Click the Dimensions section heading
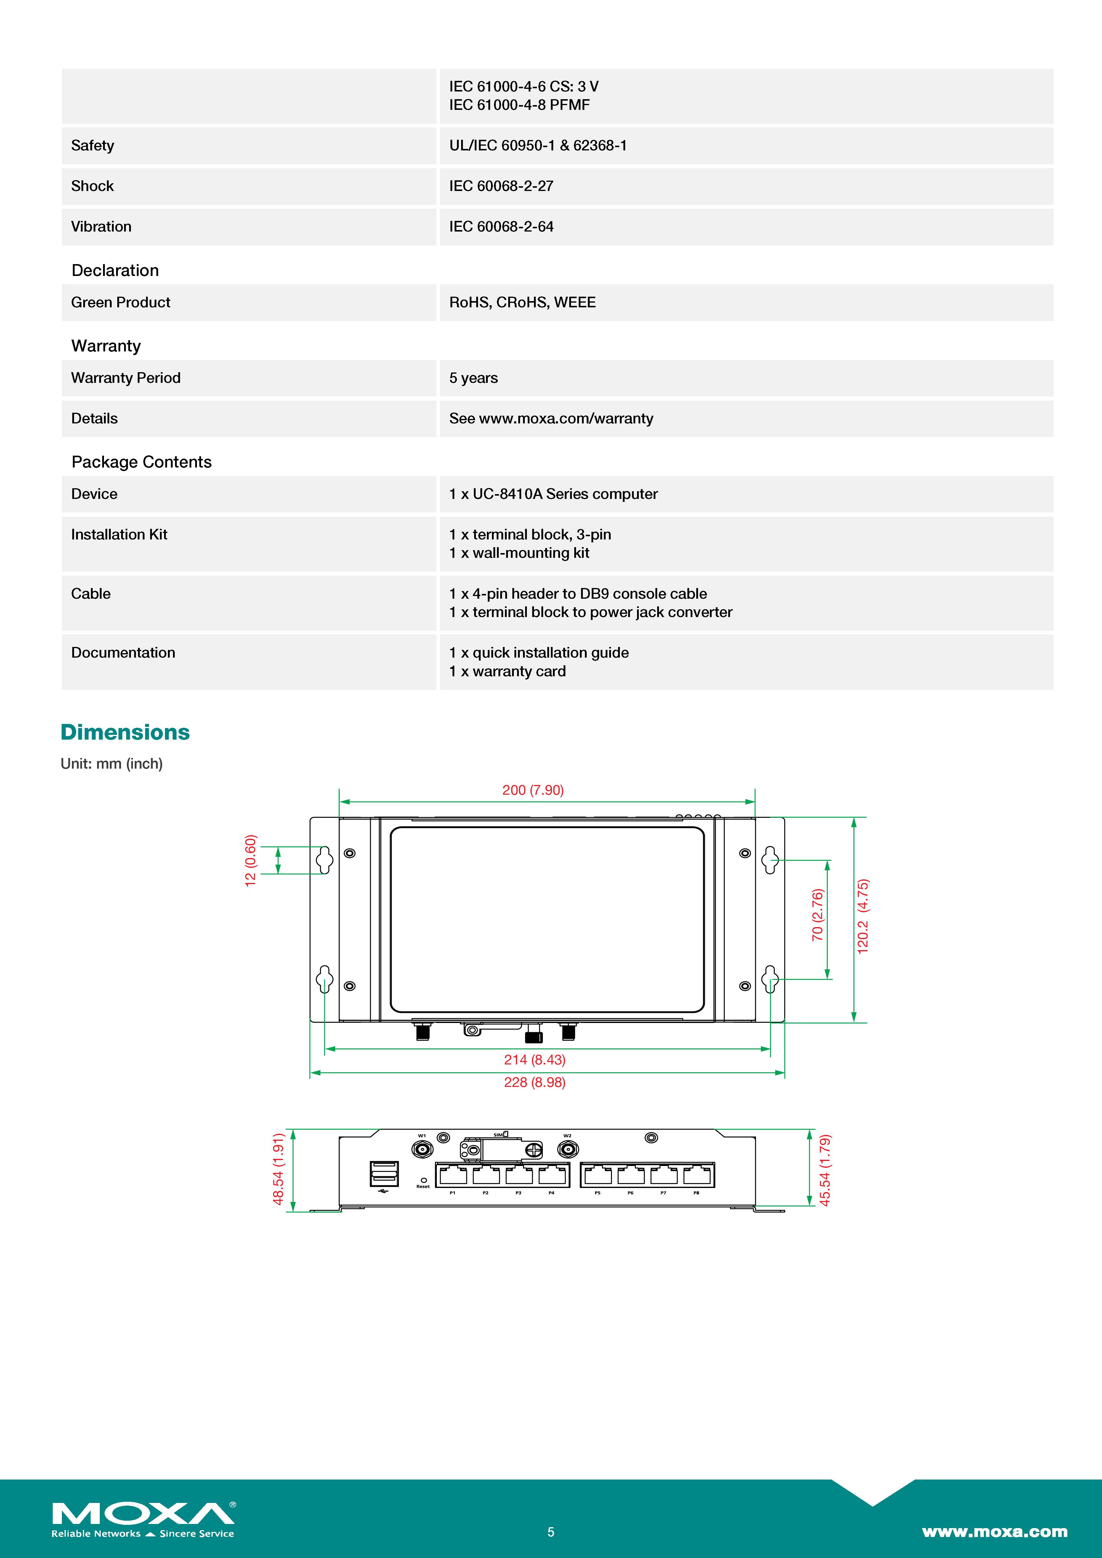point(125,732)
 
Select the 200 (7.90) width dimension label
point(533,790)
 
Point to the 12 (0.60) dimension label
point(250,860)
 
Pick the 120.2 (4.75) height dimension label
point(862,916)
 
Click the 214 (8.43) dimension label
point(534,1059)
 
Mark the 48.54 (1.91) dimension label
point(278,1169)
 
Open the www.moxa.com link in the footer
point(994,1532)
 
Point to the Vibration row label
point(101,227)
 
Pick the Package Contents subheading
point(141,462)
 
